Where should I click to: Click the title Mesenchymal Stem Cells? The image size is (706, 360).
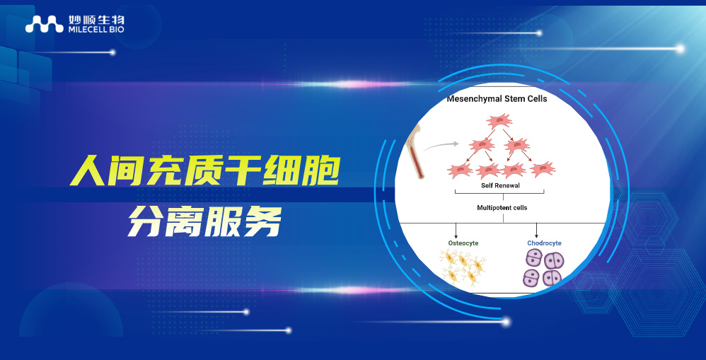pyautogui.click(x=497, y=99)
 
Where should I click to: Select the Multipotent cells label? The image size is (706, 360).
pyautogui.click(x=502, y=208)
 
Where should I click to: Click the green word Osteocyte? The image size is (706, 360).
pyautogui.click(x=463, y=243)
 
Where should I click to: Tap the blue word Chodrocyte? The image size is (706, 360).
pyautogui.click(x=544, y=243)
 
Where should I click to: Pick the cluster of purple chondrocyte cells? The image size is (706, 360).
pyautogui.click(x=543, y=269)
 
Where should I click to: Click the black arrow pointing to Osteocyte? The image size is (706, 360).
pyautogui.click(x=456, y=231)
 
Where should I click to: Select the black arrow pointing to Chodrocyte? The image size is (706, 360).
pyautogui.click(x=537, y=231)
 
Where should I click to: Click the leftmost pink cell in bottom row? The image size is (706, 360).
pyautogui.click(x=460, y=170)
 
